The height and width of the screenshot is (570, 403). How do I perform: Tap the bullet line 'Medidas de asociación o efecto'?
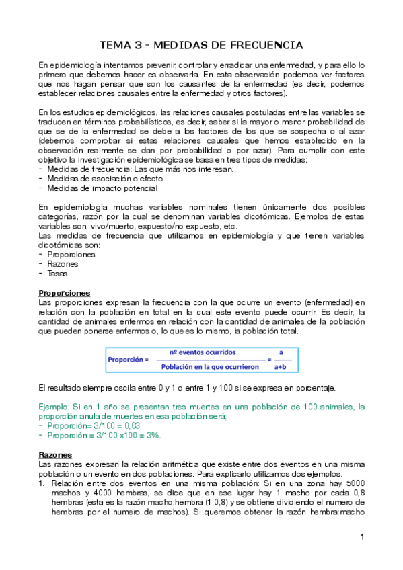click(x=101, y=178)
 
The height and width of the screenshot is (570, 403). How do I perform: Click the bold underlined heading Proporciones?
click(x=65, y=294)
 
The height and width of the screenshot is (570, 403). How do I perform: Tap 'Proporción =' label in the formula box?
click(x=127, y=360)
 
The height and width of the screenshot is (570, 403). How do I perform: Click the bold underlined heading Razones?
click(x=55, y=454)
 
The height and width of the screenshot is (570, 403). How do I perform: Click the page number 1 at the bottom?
click(x=362, y=537)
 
